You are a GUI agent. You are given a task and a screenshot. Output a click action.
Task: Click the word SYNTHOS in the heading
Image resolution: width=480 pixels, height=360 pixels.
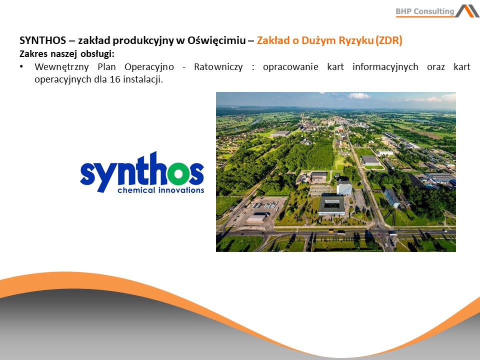(x=42, y=40)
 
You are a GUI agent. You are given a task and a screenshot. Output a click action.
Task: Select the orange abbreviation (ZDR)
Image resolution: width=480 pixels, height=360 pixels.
(x=389, y=40)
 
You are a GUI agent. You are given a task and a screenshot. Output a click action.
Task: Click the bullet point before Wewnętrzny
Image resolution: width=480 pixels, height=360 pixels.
(x=21, y=66)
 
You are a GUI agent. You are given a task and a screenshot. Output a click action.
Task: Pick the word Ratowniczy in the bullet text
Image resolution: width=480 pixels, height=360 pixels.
(x=218, y=67)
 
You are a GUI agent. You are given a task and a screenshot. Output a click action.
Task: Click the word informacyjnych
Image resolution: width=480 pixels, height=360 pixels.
(x=385, y=67)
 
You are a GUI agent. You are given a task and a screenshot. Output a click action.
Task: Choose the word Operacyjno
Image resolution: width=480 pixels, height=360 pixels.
(x=149, y=67)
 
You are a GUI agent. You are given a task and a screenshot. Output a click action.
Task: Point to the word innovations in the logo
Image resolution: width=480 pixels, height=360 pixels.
(x=181, y=190)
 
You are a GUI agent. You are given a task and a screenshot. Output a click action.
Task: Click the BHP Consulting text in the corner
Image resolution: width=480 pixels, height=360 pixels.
(x=425, y=11)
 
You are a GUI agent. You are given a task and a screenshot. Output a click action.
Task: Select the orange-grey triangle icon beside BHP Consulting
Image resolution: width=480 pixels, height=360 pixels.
(x=467, y=11)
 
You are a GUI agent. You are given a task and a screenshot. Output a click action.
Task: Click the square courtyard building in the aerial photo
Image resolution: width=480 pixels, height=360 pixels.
(x=331, y=205)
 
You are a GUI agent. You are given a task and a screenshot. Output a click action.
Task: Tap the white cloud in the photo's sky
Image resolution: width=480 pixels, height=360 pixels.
(x=359, y=96)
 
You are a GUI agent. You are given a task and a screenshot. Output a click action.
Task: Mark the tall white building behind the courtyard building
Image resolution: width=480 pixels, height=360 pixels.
(x=344, y=187)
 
